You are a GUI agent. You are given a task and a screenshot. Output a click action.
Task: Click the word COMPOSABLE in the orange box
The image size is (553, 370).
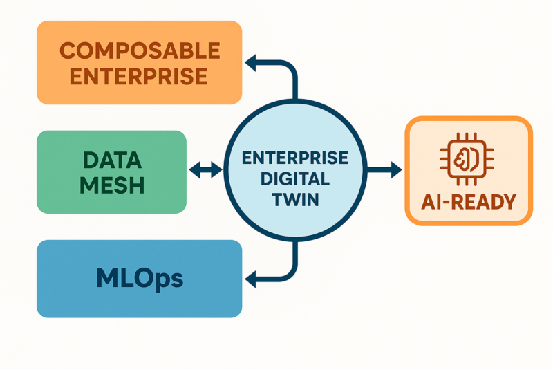point(139,50)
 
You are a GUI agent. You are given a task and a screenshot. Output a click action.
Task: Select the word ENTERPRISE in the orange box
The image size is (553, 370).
point(139,75)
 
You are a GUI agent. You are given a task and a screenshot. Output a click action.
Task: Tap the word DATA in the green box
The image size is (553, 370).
point(112,160)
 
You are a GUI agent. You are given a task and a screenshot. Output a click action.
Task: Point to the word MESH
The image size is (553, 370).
point(112,185)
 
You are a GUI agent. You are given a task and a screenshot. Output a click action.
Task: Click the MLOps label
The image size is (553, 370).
point(139,278)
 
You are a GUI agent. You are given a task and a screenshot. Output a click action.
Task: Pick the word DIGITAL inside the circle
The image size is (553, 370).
point(295,178)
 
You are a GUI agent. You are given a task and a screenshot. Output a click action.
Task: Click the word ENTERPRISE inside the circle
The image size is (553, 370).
point(295,158)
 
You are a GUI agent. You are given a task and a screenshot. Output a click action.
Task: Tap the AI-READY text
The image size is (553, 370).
point(469,202)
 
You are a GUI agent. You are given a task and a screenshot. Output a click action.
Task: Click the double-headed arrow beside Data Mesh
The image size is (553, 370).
point(205,169)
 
